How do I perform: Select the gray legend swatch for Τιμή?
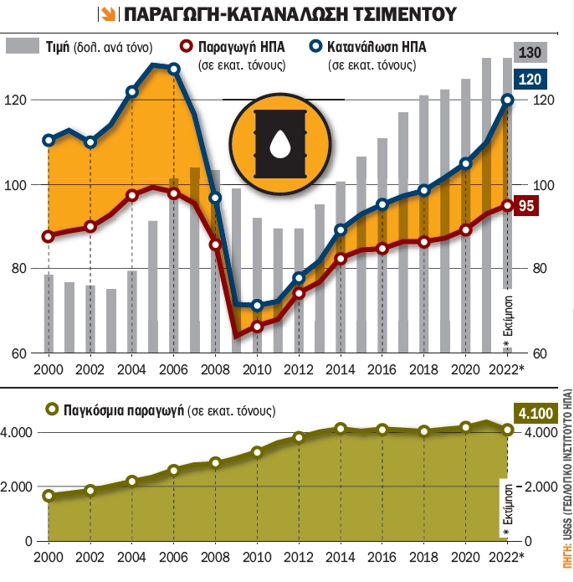point(23,47)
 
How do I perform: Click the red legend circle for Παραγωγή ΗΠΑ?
point(186,47)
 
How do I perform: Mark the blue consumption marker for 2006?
point(173,69)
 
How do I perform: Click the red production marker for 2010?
point(257,327)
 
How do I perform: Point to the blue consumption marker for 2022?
point(508,100)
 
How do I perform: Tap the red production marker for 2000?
point(48,237)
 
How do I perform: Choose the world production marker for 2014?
point(341,429)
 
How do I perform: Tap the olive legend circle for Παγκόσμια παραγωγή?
point(52,410)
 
